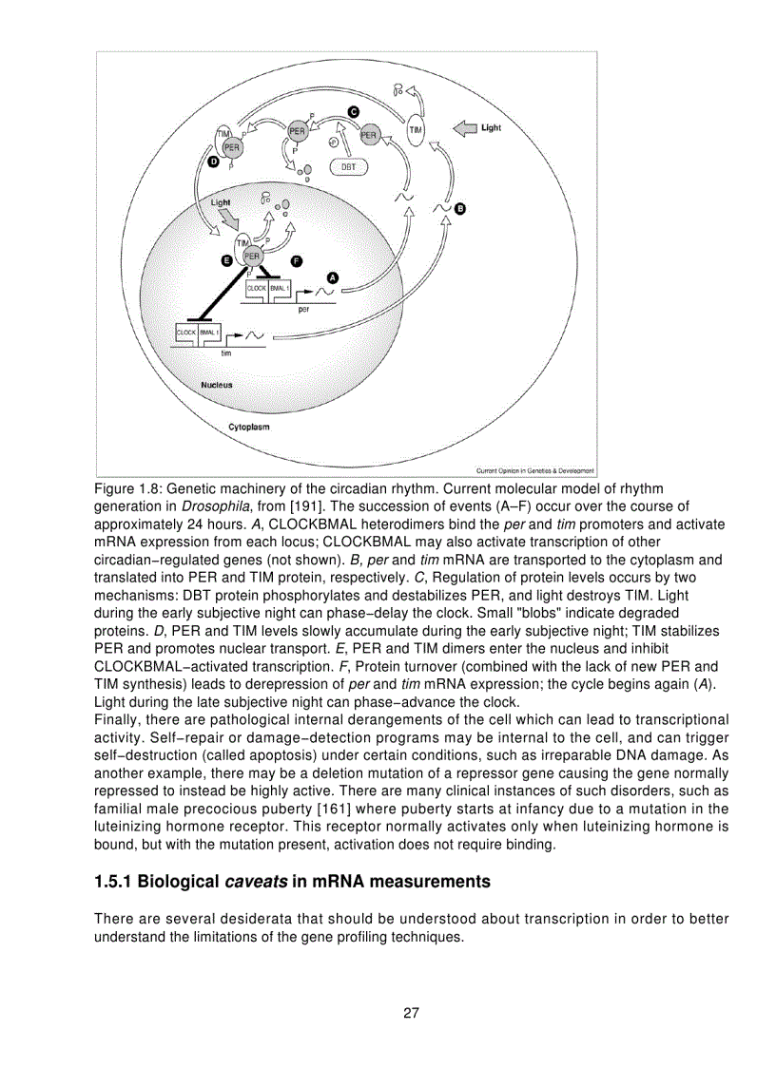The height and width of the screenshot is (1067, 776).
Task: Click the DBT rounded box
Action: (349, 166)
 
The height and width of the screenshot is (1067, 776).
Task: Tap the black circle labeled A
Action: (332, 276)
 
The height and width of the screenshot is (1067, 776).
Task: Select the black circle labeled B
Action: (460, 208)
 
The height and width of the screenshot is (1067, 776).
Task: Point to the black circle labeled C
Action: (353, 111)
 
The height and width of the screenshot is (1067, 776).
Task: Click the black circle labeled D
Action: (213, 163)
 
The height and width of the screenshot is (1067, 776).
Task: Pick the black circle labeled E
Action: (225, 259)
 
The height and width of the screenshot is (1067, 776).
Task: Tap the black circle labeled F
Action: (297, 259)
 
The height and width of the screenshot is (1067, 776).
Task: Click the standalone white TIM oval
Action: (417, 130)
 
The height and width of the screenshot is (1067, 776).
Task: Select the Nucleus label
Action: (216, 385)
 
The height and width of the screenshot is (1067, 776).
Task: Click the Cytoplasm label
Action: (248, 427)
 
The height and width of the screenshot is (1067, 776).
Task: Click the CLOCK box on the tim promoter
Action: (185, 333)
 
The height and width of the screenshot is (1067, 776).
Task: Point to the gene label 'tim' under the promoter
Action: (226, 352)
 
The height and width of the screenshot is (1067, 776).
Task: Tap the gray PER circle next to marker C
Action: (369, 136)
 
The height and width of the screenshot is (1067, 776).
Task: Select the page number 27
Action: (411, 1012)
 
